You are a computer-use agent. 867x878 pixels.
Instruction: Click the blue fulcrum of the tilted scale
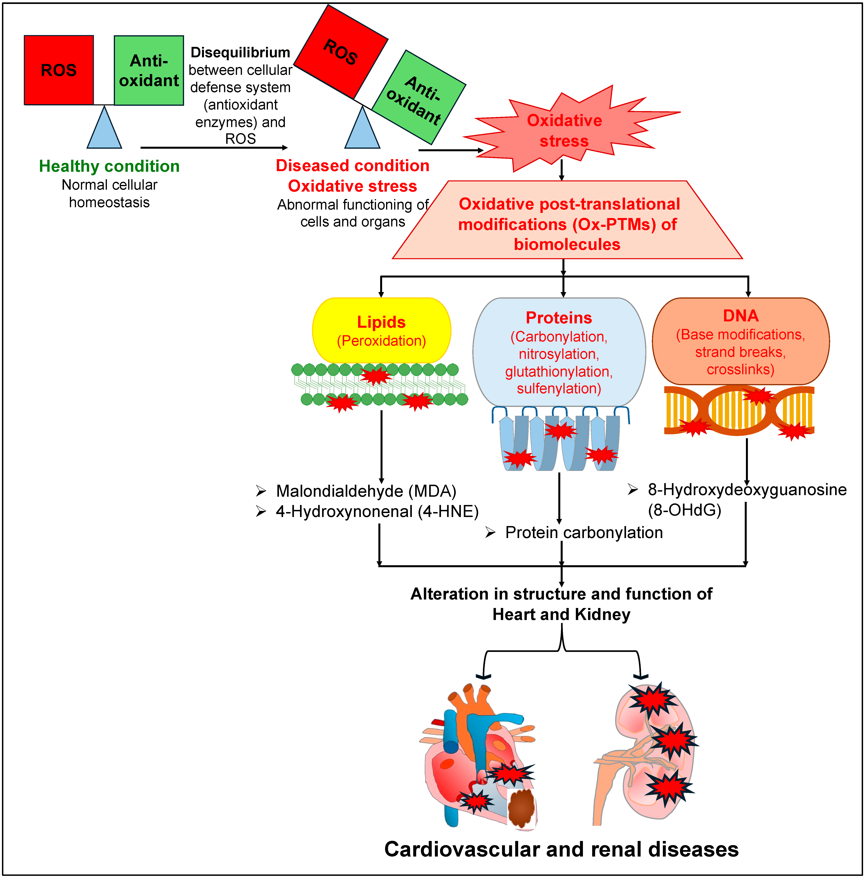pyautogui.click(x=362, y=130)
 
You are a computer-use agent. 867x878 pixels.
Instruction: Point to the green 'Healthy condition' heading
pyautogui.click(x=109, y=166)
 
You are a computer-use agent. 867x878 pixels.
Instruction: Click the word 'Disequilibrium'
pyautogui.click(x=240, y=53)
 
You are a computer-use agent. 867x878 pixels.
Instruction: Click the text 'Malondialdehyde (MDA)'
pyautogui.click(x=366, y=491)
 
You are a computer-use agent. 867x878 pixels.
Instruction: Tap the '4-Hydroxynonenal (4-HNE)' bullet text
pyautogui.click(x=377, y=512)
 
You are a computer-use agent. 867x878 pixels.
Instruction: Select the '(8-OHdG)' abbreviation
pyautogui.click(x=685, y=510)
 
